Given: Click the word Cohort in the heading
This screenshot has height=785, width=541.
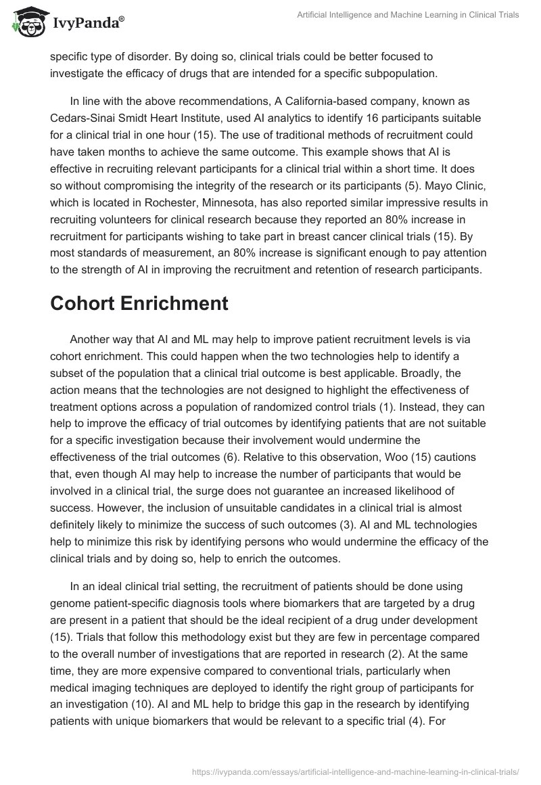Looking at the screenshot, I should coord(82,303).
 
